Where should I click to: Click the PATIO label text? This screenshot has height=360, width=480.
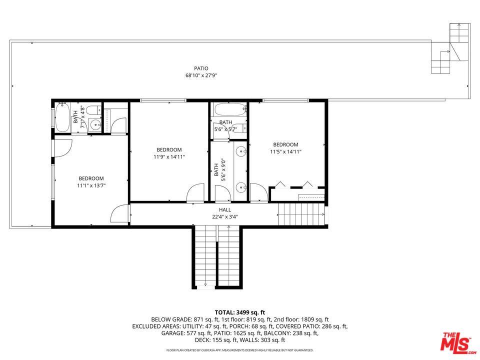tap(201, 68)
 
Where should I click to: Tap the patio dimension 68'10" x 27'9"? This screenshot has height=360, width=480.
tap(201, 75)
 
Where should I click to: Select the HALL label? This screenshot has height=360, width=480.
tap(224, 210)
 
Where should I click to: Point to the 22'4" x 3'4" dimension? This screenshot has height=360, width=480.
tap(224, 217)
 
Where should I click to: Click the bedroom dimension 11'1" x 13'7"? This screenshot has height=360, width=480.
tap(91, 185)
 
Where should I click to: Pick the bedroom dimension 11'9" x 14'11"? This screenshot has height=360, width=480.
tap(169, 156)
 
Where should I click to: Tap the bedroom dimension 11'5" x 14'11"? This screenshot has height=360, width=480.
tap(285, 151)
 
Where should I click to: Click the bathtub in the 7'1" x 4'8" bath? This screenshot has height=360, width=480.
tap(62, 117)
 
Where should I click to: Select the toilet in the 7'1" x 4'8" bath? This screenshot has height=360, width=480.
tap(92, 110)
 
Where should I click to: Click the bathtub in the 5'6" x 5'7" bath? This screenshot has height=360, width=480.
tap(229, 109)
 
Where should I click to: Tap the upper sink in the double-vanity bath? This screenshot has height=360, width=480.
tap(241, 151)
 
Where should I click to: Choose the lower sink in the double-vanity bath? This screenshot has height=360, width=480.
tap(241, 188)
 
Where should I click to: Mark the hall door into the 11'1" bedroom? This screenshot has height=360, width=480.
tap(119, 214)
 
